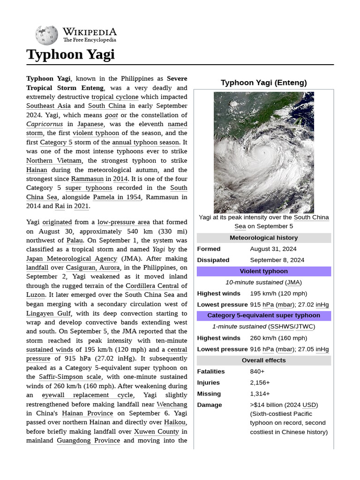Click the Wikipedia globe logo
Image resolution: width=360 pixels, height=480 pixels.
[x=47, y=36]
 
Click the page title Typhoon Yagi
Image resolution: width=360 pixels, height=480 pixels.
[x=70, y=54]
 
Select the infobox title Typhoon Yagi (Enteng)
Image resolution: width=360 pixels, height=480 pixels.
[x=263, y=83]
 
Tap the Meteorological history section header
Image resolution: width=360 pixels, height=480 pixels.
[x=263, y=238]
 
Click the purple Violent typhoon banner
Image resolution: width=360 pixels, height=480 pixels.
[x=263, y=271]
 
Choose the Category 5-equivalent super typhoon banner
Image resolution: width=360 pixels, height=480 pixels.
[x=263, y=315]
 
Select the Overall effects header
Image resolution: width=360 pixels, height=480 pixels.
[x=263, y=360]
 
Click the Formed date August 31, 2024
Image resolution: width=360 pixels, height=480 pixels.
[x=273, y=249]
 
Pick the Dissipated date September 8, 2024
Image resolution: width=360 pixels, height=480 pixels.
[x=277, y=260]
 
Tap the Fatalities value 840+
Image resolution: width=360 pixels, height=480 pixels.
[x=257, y=372]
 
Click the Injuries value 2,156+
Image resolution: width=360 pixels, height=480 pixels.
[x=260, y=383]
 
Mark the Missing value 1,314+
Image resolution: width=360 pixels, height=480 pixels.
[x=260, y=394]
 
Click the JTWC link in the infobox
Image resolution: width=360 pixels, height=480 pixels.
[x=304, y=327]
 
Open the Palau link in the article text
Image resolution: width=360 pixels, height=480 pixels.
[x=75, y=240]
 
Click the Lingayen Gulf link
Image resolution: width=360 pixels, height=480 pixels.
[x=49, y=313]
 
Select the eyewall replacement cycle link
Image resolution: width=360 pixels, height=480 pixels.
[x=87, y=395]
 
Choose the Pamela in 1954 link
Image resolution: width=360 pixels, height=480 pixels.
[x=117, y=197]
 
